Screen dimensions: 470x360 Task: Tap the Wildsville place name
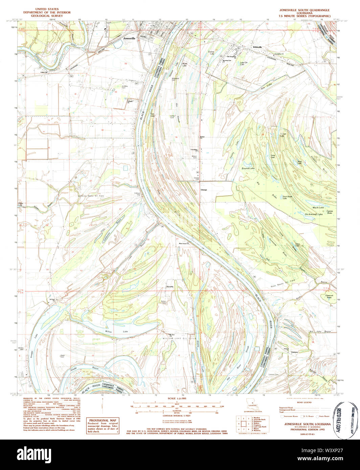tap(257, 47)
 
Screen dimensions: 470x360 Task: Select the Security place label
tap(170, 287)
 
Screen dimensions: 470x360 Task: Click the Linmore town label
tap(294, 352)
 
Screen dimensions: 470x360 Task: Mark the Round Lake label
tap(248, 168)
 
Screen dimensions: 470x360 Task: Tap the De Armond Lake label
tap(314, 214)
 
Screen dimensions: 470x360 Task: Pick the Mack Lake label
tap(318, 207)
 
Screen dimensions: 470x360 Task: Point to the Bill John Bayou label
tap(318, 331)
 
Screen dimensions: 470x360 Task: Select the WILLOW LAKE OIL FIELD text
tap(179, 338)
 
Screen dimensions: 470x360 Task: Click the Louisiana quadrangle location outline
tap(252, 405)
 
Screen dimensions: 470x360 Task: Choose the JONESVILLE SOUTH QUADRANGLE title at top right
tap(302, 10)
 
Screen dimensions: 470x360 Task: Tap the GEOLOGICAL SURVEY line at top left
tap(45, 16)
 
